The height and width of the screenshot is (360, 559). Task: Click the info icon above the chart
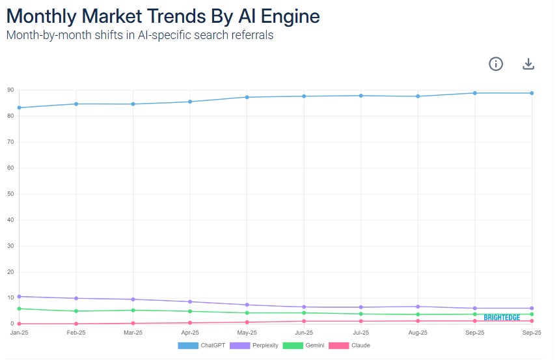point(496,64)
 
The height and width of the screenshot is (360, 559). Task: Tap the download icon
point(528,64)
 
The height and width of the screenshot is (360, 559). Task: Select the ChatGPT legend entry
point(202,345)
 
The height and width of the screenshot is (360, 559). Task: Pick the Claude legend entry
point(349,345)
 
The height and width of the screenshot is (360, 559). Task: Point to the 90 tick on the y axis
point(11,90)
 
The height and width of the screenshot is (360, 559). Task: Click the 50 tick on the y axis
point(11,194)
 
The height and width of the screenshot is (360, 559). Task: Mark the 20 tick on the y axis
point(11,272)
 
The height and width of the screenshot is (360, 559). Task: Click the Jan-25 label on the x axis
point(20,333)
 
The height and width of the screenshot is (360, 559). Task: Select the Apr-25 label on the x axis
point(190,333)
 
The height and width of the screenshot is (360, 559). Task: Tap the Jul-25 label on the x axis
point(361,333)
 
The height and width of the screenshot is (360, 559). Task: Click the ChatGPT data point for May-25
point(247,97)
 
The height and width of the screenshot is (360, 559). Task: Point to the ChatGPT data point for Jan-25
point(20,107)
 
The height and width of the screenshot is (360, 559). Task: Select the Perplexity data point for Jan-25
point(20,296)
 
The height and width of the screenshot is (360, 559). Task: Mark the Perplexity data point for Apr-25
point(190,301)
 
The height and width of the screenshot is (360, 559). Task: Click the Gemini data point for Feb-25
point(76,311)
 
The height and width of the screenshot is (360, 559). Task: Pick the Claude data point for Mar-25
point(133,323)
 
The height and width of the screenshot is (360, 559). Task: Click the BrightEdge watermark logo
point(502,318)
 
